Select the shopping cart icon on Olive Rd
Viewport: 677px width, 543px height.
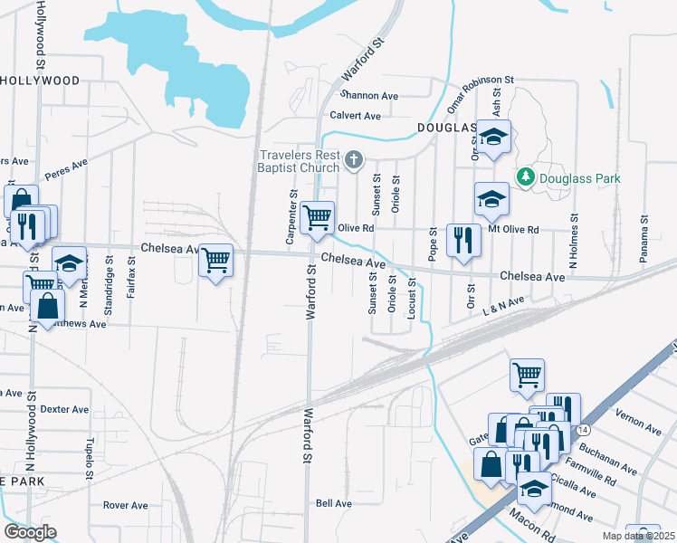pos(317,217)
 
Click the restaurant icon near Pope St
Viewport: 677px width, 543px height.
pos(463,240)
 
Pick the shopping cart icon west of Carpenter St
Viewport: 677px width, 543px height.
pos(215,261)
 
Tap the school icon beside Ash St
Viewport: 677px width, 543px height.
pos(494,137)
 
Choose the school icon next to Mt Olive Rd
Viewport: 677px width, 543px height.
pos(491,199)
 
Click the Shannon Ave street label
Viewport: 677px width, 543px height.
pos(369,95)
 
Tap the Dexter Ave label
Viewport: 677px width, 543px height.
pos(64,409)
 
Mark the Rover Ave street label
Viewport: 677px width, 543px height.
pos(125,505)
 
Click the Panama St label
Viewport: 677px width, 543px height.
pos(644,233)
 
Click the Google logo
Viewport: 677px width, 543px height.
pos(30,532)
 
